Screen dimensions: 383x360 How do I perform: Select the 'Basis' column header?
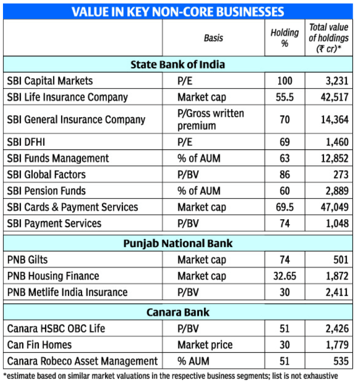213,38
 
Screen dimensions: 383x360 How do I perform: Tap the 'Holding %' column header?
284,38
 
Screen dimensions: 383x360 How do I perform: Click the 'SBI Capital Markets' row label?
50,81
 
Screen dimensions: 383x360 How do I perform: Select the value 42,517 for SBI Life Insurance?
334,97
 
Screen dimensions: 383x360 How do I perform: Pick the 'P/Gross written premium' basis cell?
210,119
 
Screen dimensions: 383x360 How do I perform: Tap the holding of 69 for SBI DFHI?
284,142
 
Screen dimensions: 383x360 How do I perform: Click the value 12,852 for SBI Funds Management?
334,158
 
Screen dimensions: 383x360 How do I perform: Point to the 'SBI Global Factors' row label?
46,175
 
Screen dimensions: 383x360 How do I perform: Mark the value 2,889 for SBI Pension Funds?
336,191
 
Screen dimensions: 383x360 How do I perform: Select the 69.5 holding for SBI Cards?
284,207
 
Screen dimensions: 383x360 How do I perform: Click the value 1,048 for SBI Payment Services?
336,224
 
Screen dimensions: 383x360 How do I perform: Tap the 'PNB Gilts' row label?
28,259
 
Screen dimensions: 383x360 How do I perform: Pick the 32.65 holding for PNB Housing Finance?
284,276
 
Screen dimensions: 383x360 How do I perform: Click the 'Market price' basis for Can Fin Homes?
205,344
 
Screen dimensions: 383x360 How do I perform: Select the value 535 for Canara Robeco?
340,361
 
